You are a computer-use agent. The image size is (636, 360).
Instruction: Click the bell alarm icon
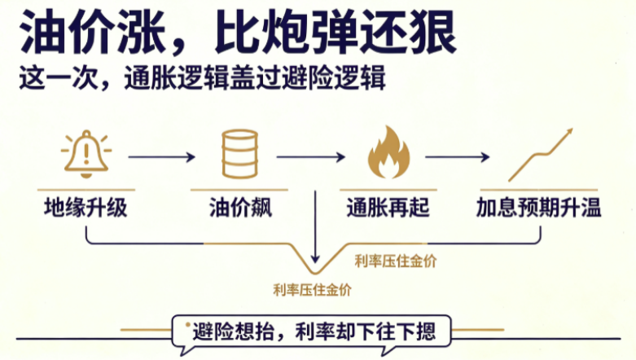point(86,153)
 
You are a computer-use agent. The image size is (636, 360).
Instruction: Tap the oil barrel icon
point(239,154)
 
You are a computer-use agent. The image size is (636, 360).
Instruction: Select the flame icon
point(388,152)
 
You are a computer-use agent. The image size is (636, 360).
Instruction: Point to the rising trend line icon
point(541,155)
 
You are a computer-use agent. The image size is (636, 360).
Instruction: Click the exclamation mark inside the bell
point(86,153)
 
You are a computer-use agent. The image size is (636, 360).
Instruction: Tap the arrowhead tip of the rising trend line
point(572,129)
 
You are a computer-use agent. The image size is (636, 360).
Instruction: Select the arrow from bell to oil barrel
point(161,156)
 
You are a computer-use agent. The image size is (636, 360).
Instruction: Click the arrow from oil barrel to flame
point(311,156)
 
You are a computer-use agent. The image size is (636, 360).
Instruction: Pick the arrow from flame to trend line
point(457,156)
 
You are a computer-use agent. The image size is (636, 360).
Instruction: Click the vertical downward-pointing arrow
point(315,226)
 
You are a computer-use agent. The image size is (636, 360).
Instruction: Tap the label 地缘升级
point(86,208)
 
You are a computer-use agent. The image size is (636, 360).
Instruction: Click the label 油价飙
point(240,208)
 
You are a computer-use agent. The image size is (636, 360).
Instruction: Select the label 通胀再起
point(388,208)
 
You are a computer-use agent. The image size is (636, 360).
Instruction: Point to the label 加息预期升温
point(538,208)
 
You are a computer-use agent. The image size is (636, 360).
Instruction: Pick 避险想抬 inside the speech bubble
point(234,331)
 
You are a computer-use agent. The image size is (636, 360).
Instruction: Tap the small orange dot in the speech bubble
point(188,325)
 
